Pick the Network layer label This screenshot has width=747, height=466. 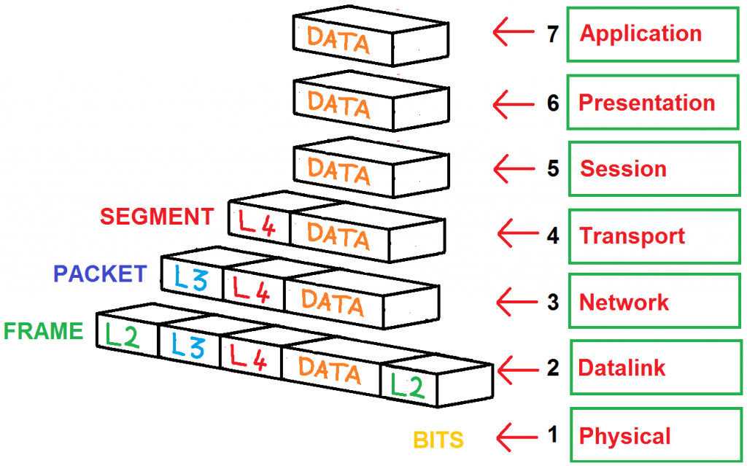(624, 302)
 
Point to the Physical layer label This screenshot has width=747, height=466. (624, 436)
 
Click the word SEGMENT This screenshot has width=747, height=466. (157, 217)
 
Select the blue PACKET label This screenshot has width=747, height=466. (101, 273)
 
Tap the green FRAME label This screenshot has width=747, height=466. (44, 331)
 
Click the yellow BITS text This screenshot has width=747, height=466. (438, 440)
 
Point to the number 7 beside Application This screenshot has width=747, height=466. (552, 34)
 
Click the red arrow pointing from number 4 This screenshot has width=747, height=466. (519, 235)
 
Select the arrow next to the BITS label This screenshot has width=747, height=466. (519, 438)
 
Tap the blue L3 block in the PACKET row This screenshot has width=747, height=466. (190, 281)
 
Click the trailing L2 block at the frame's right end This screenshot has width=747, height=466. (407, 384)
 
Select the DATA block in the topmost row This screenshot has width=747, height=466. (338, 41)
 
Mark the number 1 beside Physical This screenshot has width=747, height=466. (552, 435)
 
